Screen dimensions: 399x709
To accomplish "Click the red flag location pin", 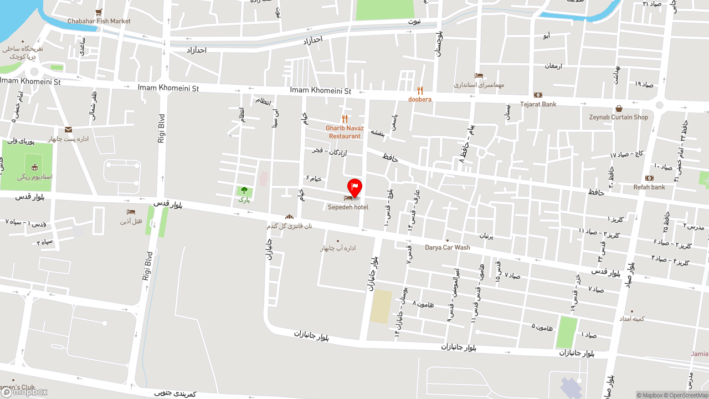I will [354, 188].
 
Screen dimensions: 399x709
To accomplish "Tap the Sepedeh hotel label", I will [348, 207].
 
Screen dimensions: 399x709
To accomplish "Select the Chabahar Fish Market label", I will [99, 21].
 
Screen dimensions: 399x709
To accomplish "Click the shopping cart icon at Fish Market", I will [99, 12].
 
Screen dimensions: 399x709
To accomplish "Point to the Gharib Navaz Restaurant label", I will [345, 132].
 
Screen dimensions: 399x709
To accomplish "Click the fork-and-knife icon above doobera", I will [420, 90].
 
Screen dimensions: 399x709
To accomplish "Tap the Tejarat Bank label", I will [538, 104].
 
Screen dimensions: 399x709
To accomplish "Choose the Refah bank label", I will [649, 187].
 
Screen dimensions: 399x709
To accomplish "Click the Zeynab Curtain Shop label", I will [618, 117].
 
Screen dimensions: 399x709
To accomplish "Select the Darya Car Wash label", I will [447, 248].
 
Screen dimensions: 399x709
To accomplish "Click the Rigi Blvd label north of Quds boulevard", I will [162, 129].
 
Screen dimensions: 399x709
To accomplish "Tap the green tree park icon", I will [244, 191].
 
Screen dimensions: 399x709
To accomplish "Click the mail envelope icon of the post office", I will [68, 130].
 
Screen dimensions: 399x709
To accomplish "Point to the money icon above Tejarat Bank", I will [538, 95].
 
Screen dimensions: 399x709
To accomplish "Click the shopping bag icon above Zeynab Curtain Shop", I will [619, 109].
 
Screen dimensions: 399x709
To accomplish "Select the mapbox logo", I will [24, 392].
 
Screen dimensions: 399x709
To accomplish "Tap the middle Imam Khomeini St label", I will [321, 90].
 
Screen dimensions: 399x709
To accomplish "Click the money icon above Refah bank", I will [649, 178].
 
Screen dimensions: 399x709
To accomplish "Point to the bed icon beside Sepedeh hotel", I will [348, 198].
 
